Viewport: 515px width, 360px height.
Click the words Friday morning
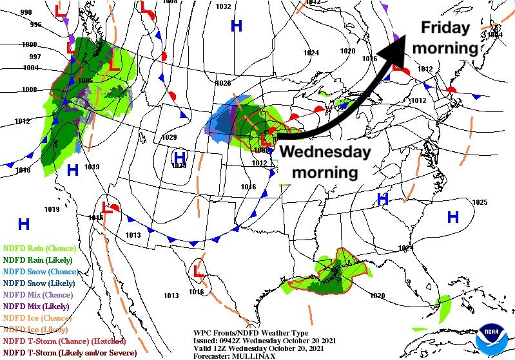click(445, 38)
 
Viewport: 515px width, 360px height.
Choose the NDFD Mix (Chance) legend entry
click(37, 294)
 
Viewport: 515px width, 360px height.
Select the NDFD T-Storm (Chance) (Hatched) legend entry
click(63, 341)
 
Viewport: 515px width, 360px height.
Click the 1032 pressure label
click(223, 6)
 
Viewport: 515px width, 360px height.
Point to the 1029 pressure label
click(169, 137)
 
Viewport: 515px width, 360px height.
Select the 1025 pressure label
click(480, 203)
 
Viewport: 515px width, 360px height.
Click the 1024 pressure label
click(311, 53)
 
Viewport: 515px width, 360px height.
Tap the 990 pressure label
click(26, 12)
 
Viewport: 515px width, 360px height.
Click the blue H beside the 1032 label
click(237, 26)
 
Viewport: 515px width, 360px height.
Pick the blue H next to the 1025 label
click(453, 216)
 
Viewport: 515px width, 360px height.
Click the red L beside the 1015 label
click(109, 208)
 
